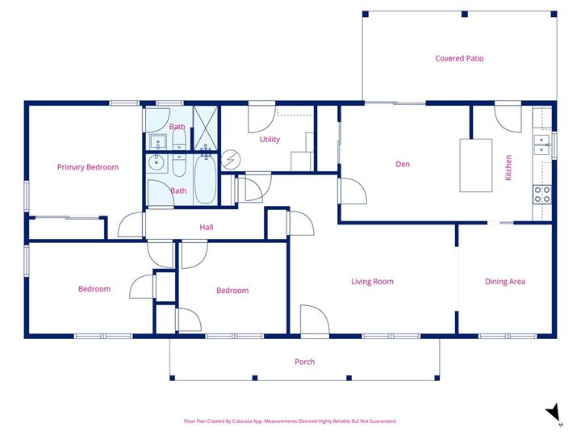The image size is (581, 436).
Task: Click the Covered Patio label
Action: [459, 59]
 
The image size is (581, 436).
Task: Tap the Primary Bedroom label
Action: [87, 167]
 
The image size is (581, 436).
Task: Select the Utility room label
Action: [270, 140]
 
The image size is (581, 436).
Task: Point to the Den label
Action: [403, 165]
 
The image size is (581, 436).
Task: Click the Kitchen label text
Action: [508, 167]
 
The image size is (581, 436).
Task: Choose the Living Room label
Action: [372, 282]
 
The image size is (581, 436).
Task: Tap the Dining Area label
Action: [505, 282]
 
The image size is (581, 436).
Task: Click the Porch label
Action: [304, 362]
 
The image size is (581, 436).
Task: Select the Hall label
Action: [207, 228]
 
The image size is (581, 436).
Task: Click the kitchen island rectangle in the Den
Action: [475, 166]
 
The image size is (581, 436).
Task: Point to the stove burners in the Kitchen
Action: [541, 194]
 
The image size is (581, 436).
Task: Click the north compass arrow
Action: [554, 413]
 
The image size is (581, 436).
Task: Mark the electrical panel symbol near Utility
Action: [231, 159]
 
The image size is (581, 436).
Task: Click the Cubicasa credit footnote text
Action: [290, 421]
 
